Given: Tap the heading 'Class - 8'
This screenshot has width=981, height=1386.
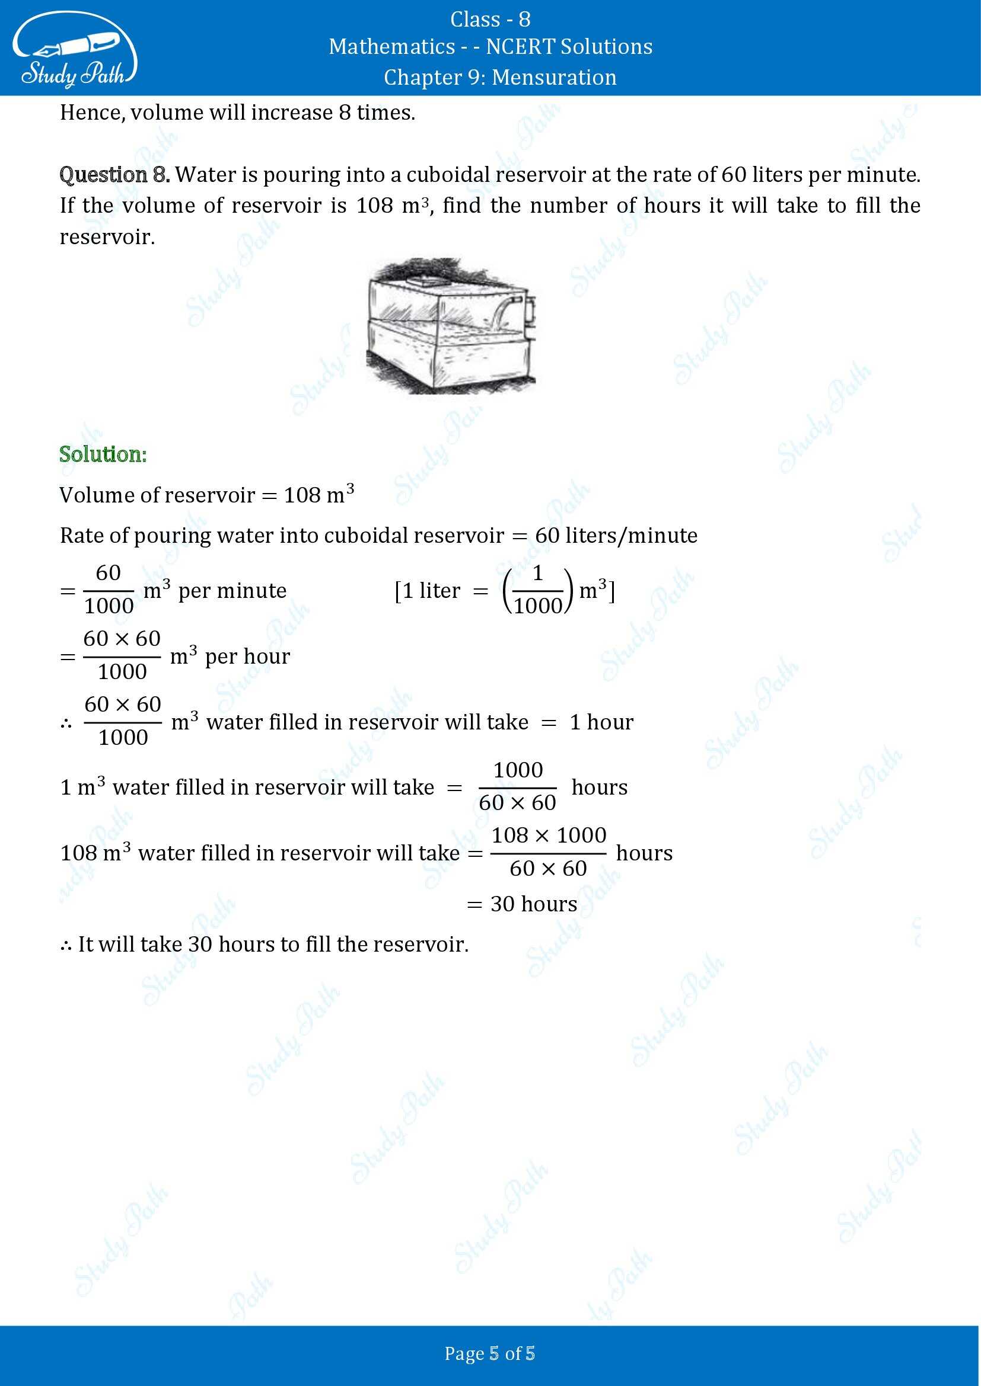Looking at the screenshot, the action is pyautogui.click(x=490, y=20).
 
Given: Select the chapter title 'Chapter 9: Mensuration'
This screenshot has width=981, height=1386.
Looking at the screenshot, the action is pyautogui.click(x=499, y=77).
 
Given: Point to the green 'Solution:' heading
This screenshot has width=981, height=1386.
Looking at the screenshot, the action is pyautogui.click(x=103, y=454).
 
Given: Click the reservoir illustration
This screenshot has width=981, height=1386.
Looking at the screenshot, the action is pyautogui.click(x=450, y=326).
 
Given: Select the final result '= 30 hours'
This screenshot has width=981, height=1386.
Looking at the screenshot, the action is pyautogui.click(x=522, y=904).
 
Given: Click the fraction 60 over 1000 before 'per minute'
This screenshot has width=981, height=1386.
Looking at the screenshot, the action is pyautogui.click(x=109, y=589).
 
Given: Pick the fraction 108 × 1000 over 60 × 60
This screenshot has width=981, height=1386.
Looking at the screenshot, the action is pyautogui.click(x=549, y=852).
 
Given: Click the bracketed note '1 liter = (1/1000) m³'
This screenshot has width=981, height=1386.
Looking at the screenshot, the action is pyautogui.click(x=504, y=590).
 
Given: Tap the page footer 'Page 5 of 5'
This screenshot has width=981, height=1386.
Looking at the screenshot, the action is pyautogui.click(x=490, y=1353).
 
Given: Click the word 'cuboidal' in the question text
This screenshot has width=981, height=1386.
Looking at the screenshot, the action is pyautogui.click(x=450, y=174).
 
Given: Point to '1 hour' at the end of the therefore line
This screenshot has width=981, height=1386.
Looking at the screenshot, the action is pyautogui.click(x=601, y=722).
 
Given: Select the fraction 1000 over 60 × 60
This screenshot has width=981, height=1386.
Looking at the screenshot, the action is pyautogui.click(x=518, y=786).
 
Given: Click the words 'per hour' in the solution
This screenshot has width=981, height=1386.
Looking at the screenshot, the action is pyautogui.click(x=248, y=656).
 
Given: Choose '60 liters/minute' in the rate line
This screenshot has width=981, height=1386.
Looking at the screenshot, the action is pyautogui.click(x=616, y=536).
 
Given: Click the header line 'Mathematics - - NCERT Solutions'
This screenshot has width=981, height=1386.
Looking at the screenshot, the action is pyautogui.click(x=490, y=47).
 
